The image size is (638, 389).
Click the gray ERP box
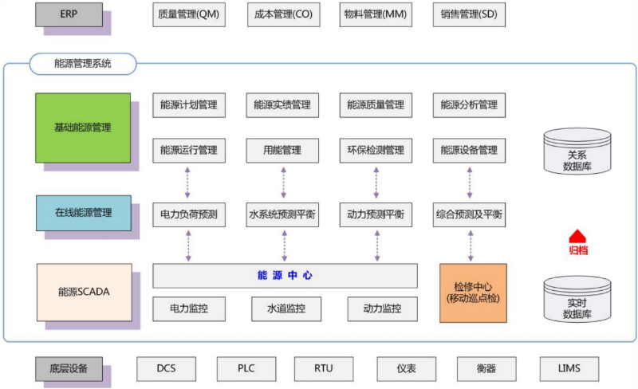[69, 15]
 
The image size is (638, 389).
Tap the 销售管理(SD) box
[469, 15]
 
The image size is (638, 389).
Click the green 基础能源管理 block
[82, 128]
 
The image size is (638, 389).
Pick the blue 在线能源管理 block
[82, 213]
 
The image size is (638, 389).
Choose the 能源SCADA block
[84, 292]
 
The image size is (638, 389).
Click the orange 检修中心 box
[472, 293]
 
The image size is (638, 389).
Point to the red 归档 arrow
[578, 237]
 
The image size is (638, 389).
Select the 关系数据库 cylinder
[577, 151]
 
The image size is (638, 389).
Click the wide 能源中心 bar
[285, 276]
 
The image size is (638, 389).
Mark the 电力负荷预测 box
[188, 214]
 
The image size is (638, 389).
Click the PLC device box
[246, 369]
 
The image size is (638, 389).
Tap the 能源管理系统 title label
[83, 64]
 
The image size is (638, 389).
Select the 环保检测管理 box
[376, 150]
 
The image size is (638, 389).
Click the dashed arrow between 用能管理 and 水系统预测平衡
[282, 183]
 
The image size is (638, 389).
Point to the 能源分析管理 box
[469, 104]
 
